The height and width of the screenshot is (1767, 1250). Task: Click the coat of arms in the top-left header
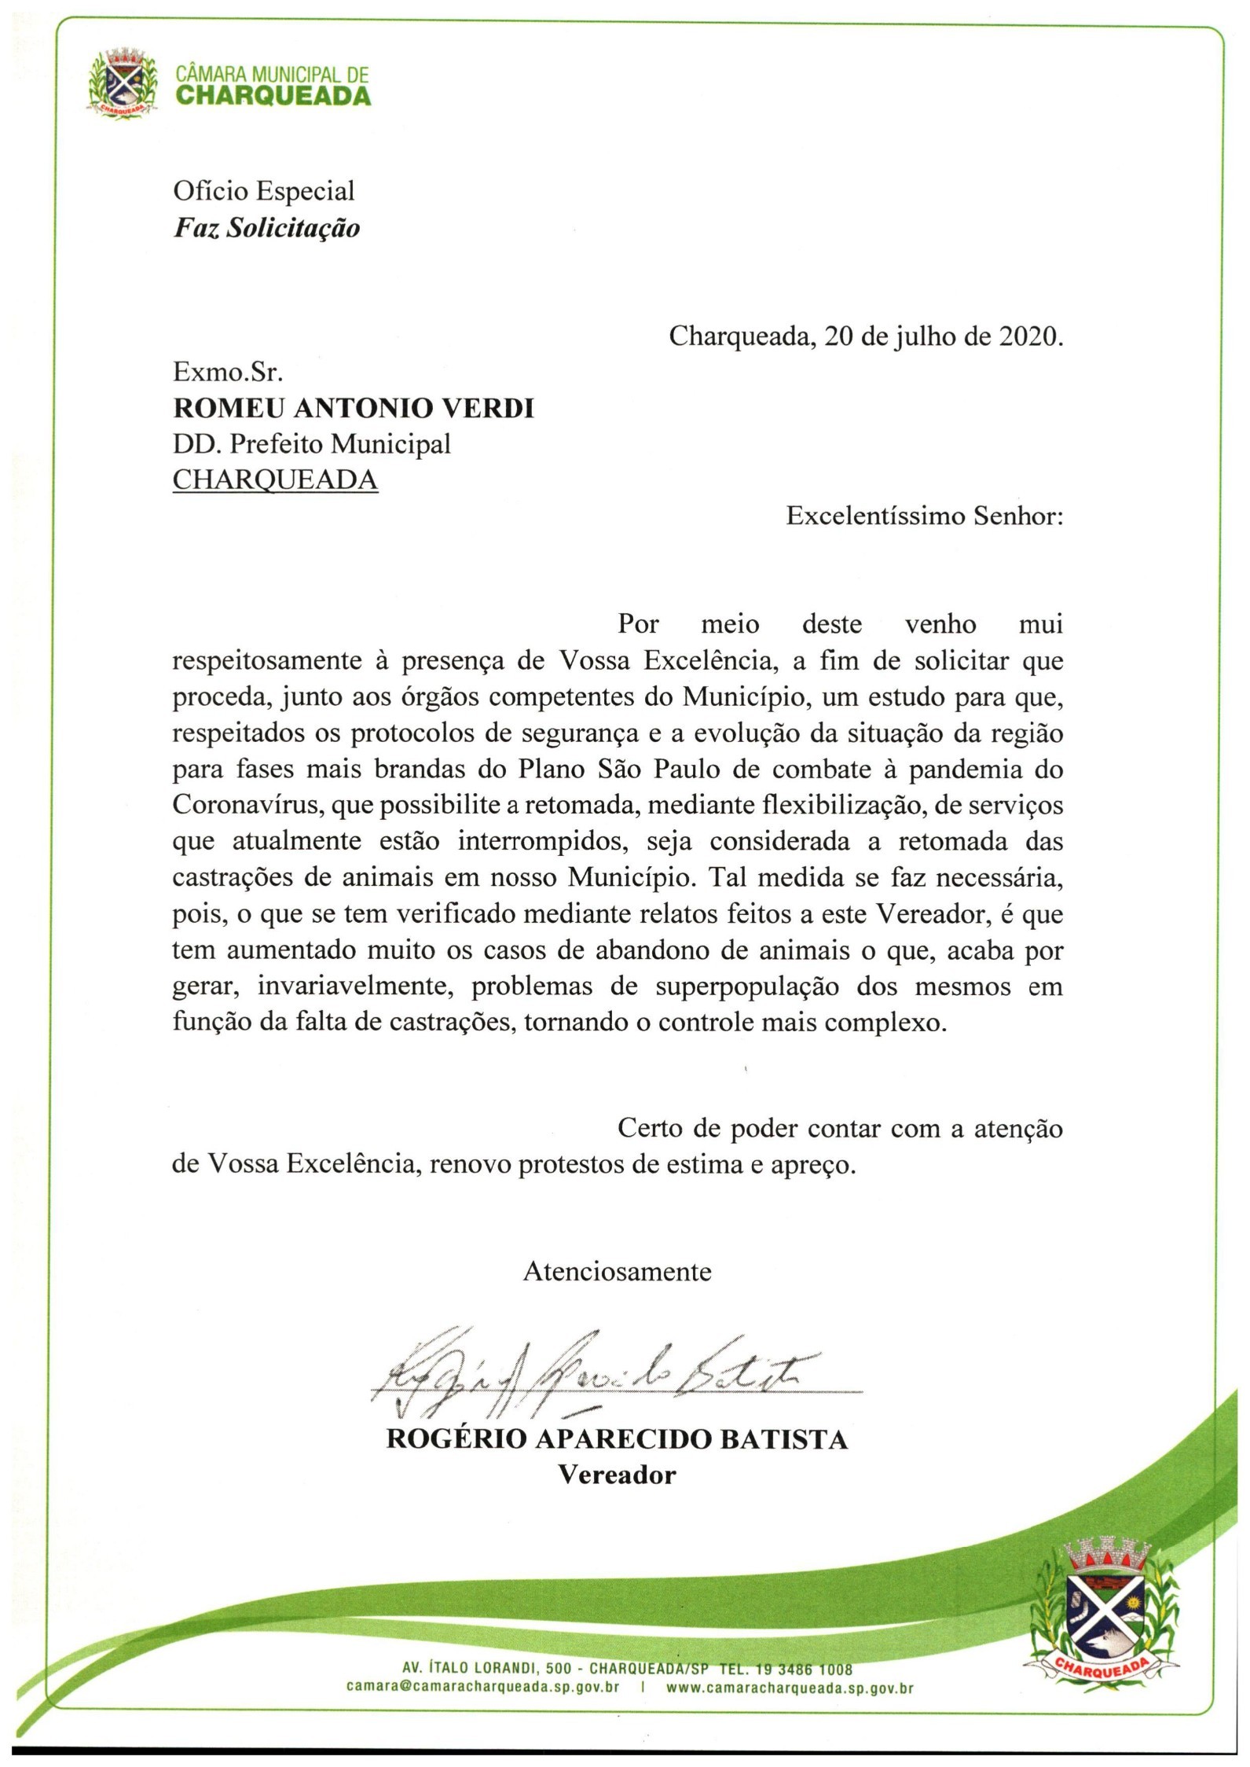(122, 83)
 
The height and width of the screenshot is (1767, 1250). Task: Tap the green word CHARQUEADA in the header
(273, 96)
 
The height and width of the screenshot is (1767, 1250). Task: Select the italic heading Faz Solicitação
(266, 228)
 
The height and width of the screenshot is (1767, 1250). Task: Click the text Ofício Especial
(263, 191)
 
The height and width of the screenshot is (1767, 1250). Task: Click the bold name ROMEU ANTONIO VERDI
(354, 409)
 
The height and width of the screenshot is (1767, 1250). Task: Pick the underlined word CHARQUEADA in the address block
(275, 480)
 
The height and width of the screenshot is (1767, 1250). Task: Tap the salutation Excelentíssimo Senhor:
(925, 516)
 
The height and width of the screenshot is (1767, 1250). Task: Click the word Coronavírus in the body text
(247, 806)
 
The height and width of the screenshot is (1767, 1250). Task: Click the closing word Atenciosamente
(617, 1272)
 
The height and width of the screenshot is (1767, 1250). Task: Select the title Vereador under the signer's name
(617, 1475)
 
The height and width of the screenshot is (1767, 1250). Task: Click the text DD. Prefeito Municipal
(312, 445)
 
